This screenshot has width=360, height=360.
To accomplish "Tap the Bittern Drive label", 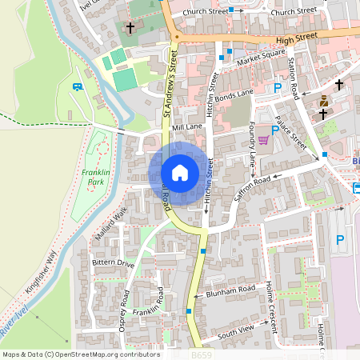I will tap(114, 262).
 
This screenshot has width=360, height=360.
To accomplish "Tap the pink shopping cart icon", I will tap(263, 140).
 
